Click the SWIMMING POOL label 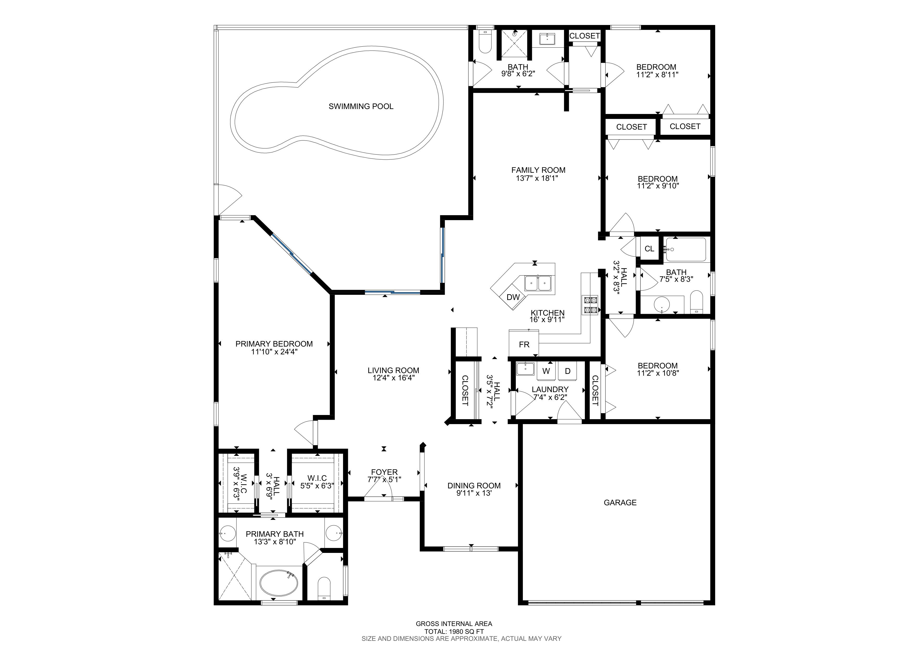(361, 106)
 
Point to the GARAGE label (620, 503)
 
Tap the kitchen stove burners (590, 305)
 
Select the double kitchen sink (538, 283)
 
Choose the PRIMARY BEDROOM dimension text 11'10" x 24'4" (274, 352)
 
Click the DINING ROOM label (474, 486)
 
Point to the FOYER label (384, 472)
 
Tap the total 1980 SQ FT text (454, 631)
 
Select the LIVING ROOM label (393, 371)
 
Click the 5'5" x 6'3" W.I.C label (317, 482)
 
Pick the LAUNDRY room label (550, 389)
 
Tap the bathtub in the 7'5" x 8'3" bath (686, 249)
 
